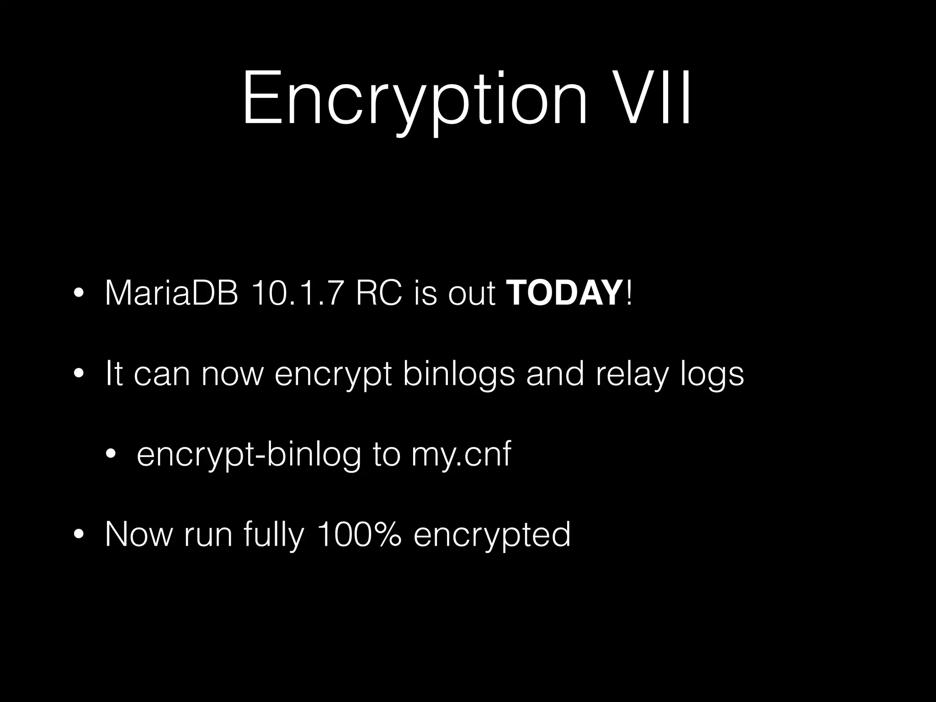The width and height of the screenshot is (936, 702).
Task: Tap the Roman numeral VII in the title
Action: pyautogui.click(x=649, y=98)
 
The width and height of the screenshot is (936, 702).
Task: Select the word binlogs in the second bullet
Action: pyautogui.click(x=459, y=374)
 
